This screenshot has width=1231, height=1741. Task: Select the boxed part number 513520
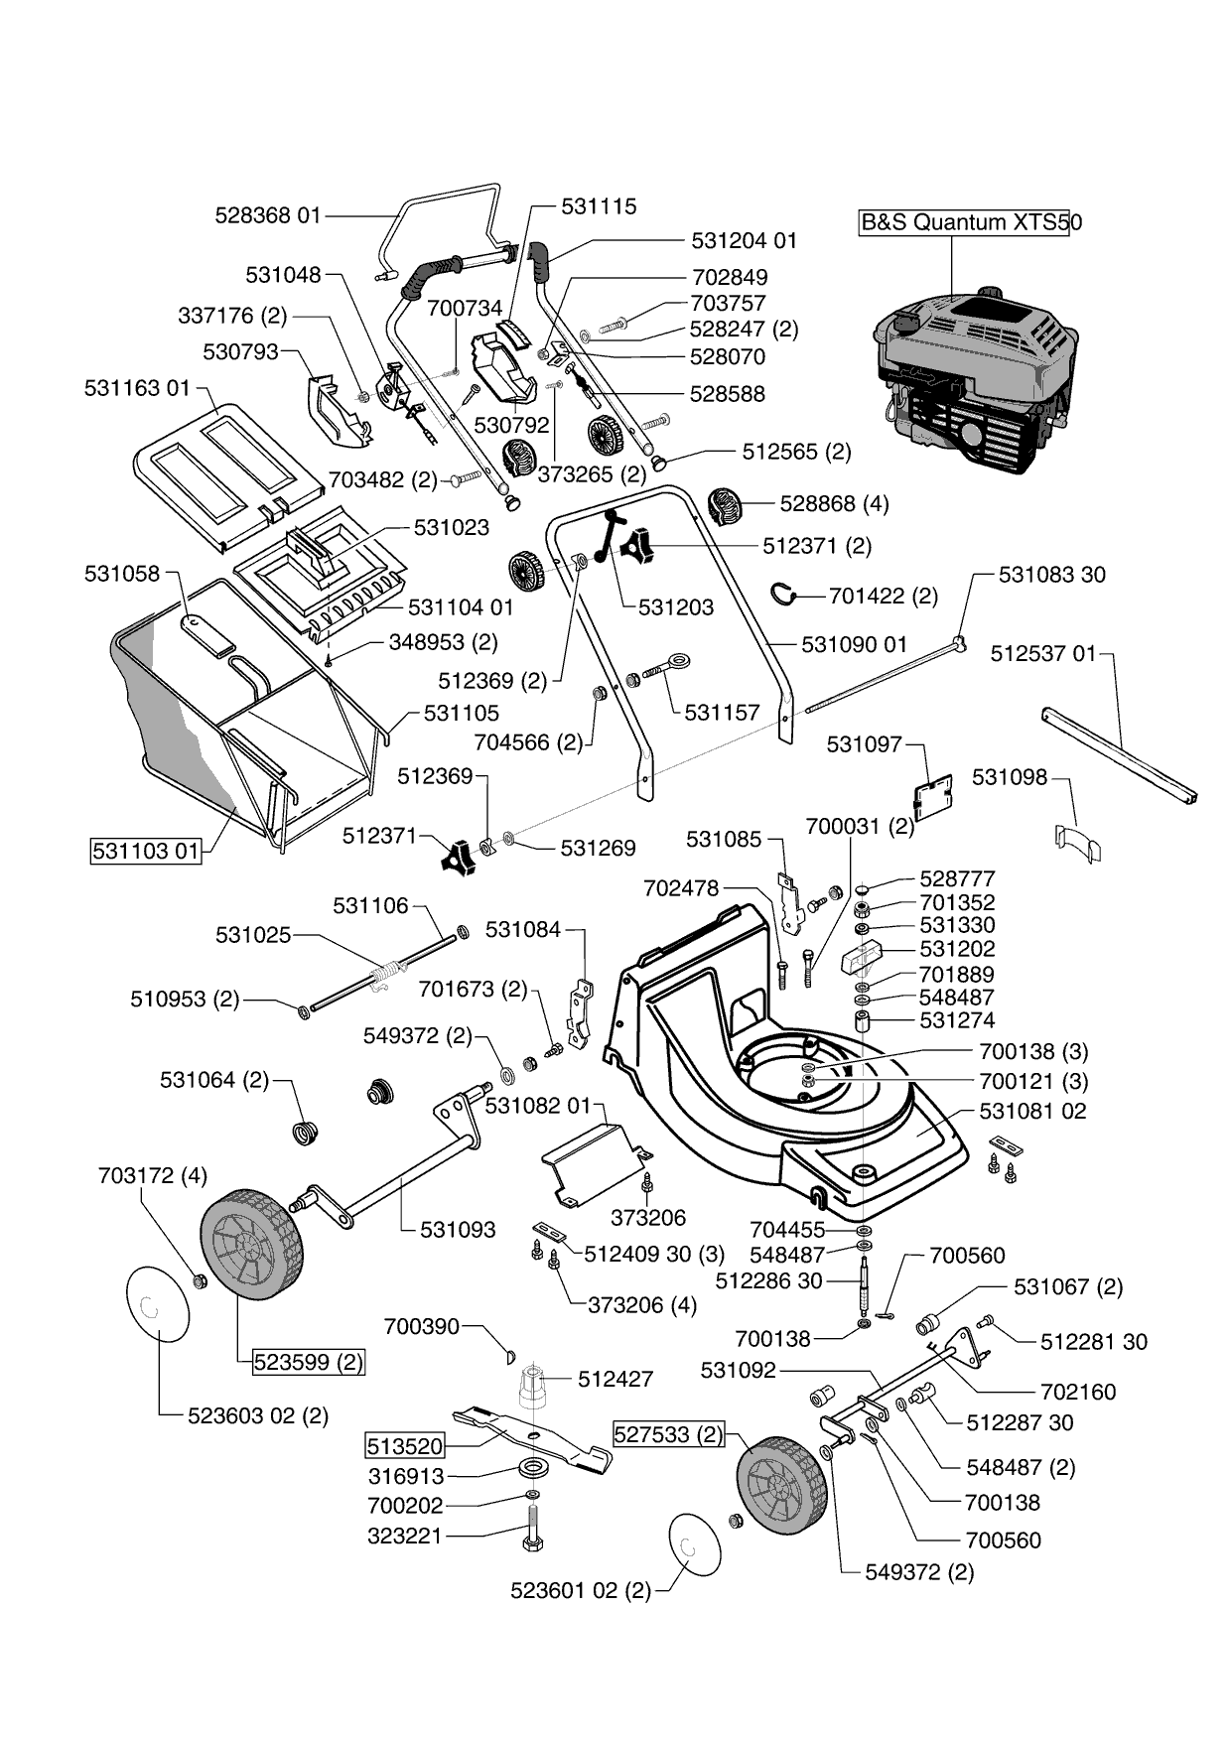point(405,1445)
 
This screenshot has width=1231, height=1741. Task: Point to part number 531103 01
point(146,851)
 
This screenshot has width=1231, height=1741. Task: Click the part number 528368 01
point(269,214)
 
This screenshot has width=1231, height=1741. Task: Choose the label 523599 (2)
point(308,1363)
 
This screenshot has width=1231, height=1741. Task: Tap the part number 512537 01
point(1044,653)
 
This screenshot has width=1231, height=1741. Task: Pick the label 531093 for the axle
point(458,1229)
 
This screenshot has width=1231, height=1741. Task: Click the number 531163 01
point(137,388)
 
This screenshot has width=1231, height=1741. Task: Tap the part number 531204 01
point(745,240)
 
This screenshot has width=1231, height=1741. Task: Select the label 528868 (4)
point(835,503)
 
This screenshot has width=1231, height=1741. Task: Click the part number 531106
point(370,905)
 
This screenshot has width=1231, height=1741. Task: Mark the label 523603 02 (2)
point(258,1415)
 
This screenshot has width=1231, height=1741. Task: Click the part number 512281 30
point(1094,1342)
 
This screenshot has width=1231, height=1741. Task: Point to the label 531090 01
point(855,644)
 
